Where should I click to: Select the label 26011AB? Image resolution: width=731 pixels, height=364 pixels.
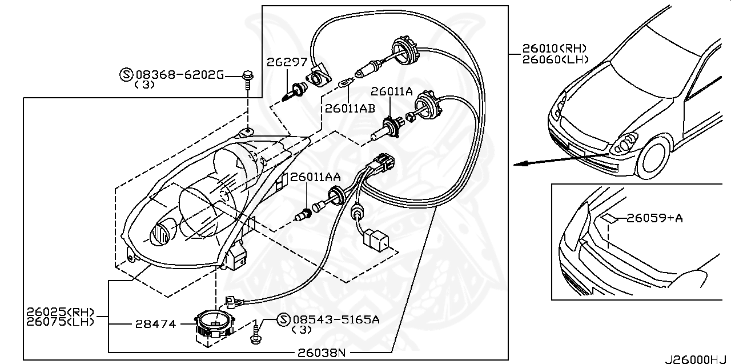pyautogui.click(x=350, y=109)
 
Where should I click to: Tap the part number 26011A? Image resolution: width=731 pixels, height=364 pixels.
pyautogui.click(x=391, y=91)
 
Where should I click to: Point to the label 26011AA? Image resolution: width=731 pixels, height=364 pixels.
pyautogui.click(x=315, y=177)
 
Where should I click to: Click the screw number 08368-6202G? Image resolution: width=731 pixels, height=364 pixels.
pyautogui.click(x=179, y=75)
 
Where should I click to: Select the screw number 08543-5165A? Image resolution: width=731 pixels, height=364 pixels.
pyautogui.click(x=335, y=319)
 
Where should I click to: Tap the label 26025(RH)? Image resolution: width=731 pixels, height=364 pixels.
pyautogui.click(x=59, y=312)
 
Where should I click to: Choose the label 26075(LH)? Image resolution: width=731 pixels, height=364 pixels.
pyautogui.click(x=59, y=322)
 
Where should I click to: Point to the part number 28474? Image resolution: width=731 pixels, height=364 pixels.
pyautogui.click(x=155, y=324)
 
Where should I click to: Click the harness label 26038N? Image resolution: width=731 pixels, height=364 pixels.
pyautogui.click(x=322, y=353)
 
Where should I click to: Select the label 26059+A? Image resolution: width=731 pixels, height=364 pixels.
pyautogui.click(x=654, y=218)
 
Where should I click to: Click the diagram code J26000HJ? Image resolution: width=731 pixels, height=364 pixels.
pyautogui.click(x=697, y=359)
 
